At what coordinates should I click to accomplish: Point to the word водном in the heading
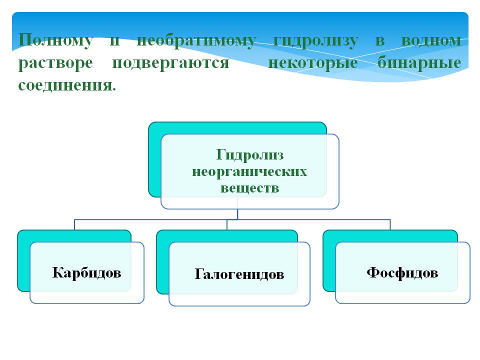click(432, 40)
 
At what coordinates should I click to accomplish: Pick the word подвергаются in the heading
click(170, 63)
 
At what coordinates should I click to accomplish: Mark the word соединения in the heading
click(65, 85)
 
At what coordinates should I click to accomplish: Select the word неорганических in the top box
click(249, 171)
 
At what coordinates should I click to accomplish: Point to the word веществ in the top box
click(249, 188)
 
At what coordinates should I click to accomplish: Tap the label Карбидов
click(86, 273)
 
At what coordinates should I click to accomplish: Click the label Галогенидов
click(239, 274)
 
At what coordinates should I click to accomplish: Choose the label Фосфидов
click(402, 272)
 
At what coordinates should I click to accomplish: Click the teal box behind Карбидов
click(23, 260)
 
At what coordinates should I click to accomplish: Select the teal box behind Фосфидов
click(329, 260)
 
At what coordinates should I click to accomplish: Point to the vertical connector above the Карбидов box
click(75, 224)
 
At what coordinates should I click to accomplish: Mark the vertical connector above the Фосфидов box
click(390, 224)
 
